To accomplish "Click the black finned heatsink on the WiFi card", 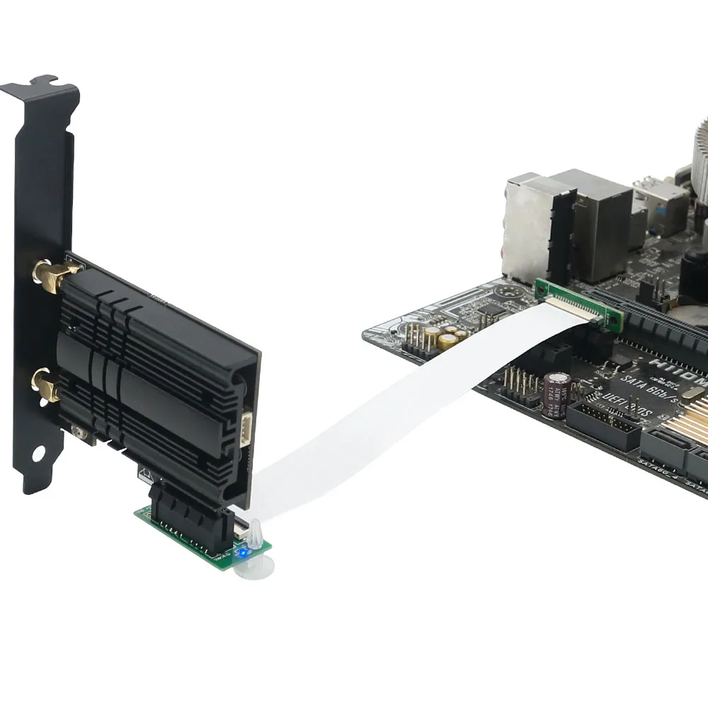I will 152,368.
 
